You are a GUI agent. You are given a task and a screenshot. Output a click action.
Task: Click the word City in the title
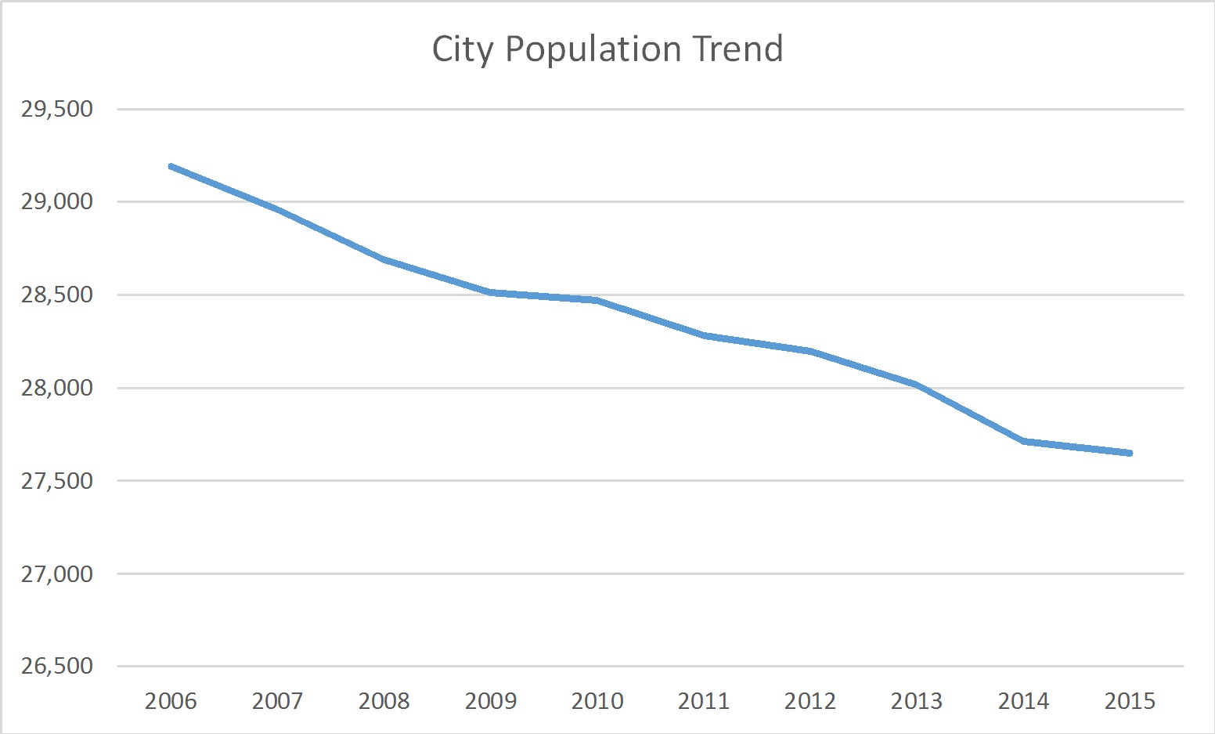(x=463, y=49)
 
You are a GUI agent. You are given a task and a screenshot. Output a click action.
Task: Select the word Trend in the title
(x=737, y=49)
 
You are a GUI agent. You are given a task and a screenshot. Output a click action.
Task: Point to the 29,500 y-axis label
(x=57, y=110)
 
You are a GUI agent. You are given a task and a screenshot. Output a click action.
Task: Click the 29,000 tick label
(x=57, y=202)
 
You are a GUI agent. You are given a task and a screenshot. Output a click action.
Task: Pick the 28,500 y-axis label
(x=57, y=295)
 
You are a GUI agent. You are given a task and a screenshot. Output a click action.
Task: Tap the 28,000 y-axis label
(x=57, y=389)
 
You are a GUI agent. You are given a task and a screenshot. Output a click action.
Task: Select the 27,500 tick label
(x=57, y=481)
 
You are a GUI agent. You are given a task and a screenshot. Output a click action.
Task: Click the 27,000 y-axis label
(x=57, y=574)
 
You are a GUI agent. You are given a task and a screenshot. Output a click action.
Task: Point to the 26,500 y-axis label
(x=57, y=667)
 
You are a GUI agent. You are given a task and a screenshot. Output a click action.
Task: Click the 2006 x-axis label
(x=171, y=701)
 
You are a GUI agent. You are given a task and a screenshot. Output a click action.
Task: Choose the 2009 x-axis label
(x=490, y=701)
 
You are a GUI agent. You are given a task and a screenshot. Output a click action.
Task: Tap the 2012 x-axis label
(x=810, y=701)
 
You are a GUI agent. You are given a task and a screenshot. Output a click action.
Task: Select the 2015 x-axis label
(x=1130, y=701)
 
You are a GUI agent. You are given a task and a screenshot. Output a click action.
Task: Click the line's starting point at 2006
(x=171, y=166)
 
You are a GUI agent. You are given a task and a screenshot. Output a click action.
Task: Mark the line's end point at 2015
(x=1130, y=453)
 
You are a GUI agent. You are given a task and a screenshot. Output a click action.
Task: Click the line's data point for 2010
(x=597, y=300)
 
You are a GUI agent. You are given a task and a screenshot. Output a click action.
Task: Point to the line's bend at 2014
(x=1023, y=442)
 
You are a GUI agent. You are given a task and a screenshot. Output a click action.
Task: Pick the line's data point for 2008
(x=384, y=259)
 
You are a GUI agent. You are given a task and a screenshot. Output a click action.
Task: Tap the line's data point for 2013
(x=917, y=385)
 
